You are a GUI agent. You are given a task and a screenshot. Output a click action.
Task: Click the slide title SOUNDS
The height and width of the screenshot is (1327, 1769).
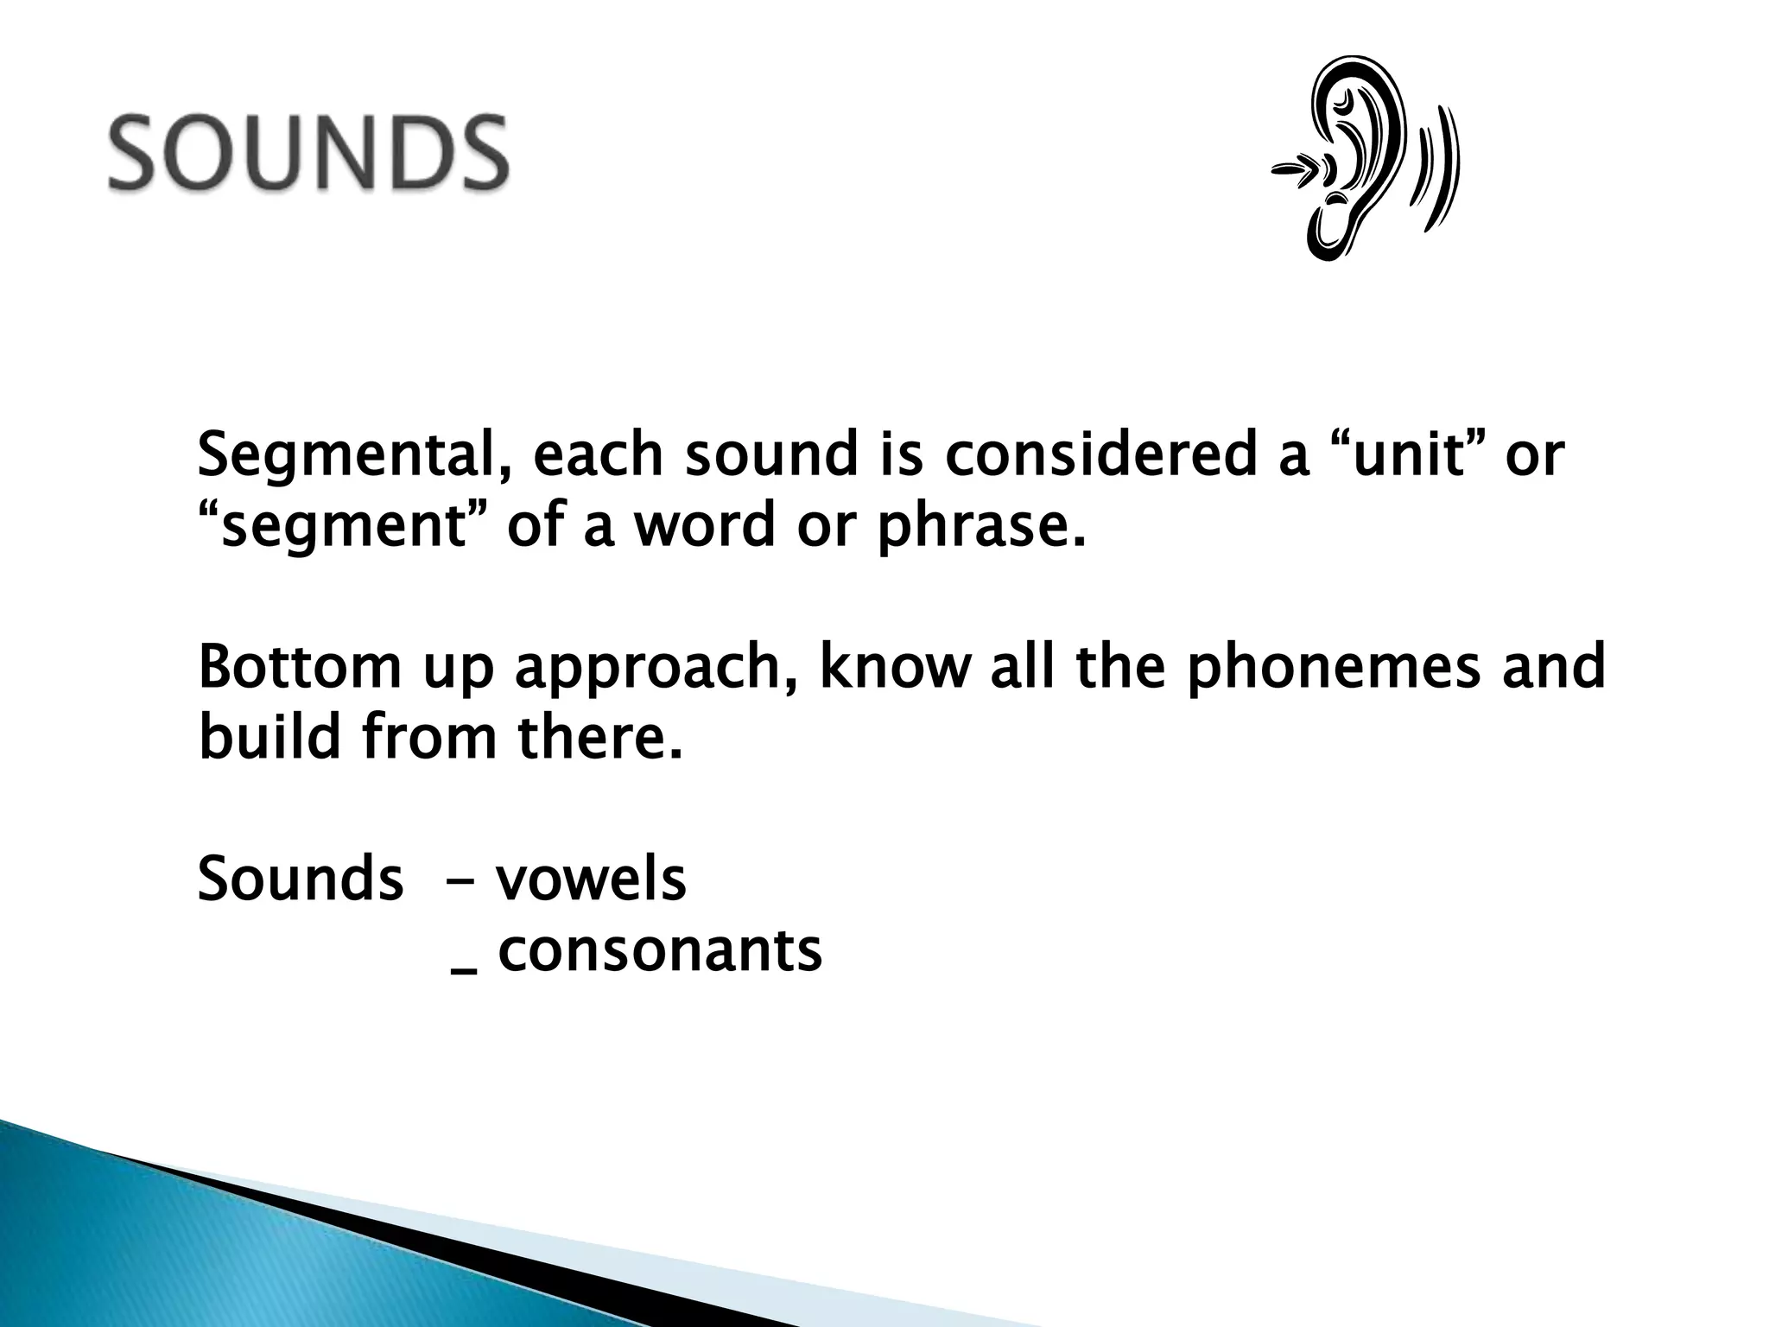point(308,153)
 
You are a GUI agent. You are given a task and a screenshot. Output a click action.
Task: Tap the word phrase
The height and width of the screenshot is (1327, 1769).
point(980,528)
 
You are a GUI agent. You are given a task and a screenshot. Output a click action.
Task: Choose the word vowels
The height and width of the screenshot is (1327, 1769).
point(591,879)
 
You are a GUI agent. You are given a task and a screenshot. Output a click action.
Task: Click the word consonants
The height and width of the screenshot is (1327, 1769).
point(660,950)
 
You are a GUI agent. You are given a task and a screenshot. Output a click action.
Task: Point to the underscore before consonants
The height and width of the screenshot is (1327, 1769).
point(464,970)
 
